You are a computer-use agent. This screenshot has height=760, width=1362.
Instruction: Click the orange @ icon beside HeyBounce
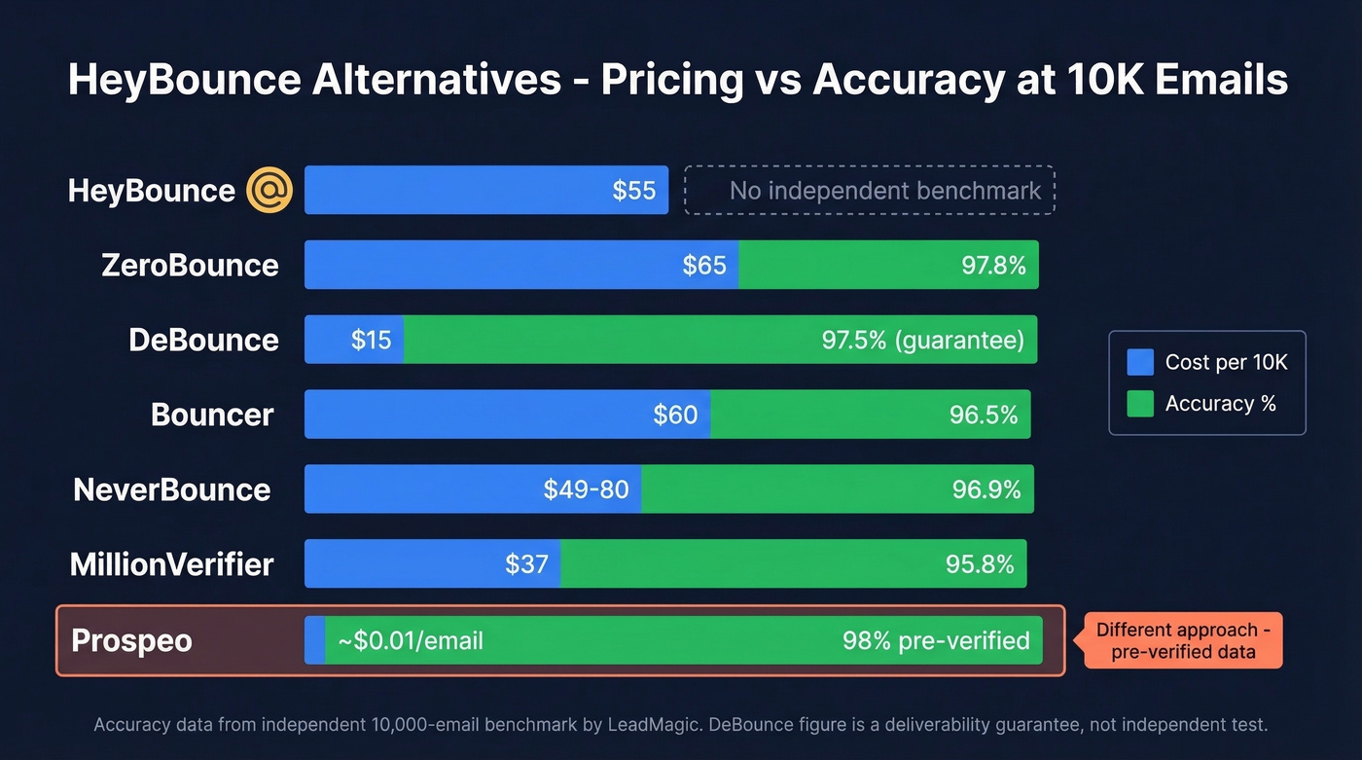(269, 190)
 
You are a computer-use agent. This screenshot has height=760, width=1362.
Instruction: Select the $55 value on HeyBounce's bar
(633, 190)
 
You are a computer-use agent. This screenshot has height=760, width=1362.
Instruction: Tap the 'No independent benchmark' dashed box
(870, 190)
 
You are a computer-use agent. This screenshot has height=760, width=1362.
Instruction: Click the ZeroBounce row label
(190, 265)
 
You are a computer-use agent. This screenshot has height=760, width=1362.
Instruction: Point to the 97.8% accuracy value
(993, 265)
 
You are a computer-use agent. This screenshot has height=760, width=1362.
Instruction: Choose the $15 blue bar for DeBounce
(354, 340)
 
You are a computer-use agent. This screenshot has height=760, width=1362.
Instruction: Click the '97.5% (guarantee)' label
(922, 340)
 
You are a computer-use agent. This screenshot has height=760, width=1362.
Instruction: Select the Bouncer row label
(212, 415)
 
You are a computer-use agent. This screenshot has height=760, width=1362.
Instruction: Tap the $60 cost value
(675, 415)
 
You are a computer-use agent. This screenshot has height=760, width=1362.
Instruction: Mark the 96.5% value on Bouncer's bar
(984, 415)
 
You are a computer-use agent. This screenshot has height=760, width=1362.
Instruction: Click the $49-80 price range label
(586, 489)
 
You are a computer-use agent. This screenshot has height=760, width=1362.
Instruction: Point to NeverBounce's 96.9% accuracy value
(986, 489)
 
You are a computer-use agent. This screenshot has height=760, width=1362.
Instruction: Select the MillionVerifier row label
(172, 564)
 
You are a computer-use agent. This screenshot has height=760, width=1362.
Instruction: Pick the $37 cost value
(526, 564)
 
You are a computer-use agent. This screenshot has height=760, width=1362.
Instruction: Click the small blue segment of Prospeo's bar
(314, 640)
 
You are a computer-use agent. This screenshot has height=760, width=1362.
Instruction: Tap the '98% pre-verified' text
(936, 640)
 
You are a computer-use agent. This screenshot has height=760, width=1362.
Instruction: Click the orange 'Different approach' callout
(1183, 640)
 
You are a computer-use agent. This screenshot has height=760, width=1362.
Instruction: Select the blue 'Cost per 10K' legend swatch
(1139, 363)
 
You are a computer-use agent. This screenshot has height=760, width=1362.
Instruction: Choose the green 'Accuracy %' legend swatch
(1139, 404)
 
